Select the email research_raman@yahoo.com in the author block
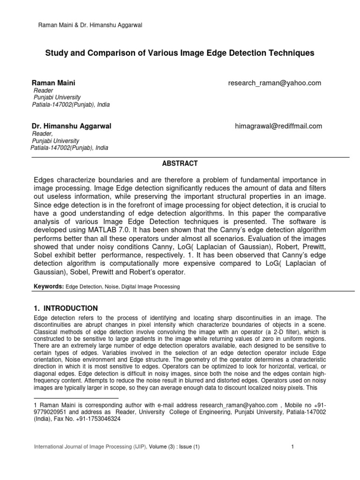(x=274, y=83)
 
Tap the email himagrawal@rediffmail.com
(x=278, y=126)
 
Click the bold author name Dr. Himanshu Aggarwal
(x=71, y=126)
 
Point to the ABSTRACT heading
(x=180, y=164)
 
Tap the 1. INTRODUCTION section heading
(x=66, y=308)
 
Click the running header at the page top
(x=90, y=25)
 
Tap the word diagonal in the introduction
(x=47, y=375)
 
